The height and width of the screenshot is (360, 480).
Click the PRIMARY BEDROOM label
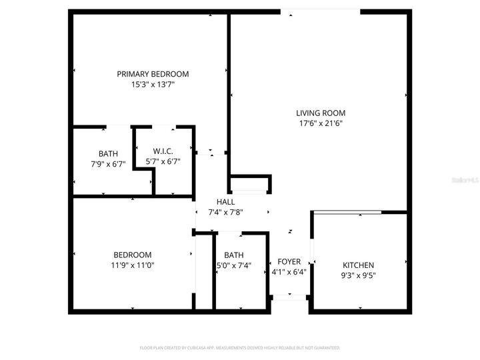coord(153,74)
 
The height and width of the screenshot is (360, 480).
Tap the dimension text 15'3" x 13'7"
coord(153,85)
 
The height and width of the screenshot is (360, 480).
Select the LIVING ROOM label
coord(321,113)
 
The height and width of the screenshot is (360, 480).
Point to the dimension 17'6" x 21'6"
coord(321,123)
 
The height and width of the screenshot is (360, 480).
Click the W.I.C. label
coord(163,151)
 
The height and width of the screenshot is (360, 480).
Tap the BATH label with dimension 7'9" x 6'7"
coord(108,153)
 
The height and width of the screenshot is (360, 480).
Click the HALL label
coord(225,201)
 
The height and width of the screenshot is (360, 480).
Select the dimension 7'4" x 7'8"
coord(225,212)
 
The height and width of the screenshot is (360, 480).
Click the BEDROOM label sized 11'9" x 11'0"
coord(132,255)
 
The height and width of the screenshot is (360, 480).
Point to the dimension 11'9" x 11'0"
coord(132,265)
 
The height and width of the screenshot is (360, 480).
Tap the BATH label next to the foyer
coord(233,255)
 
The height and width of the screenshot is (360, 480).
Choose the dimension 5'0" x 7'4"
coord(233,265)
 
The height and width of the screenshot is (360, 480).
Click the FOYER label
coord(289,261)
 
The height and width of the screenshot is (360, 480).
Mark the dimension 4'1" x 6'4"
coord(289,272)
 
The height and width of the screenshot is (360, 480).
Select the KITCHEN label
coord(358,265)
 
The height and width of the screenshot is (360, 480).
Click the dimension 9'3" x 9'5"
coord(358,275)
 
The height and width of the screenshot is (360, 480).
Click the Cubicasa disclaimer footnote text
coord(240,348)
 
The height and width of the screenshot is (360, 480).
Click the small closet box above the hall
coord(250,183)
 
